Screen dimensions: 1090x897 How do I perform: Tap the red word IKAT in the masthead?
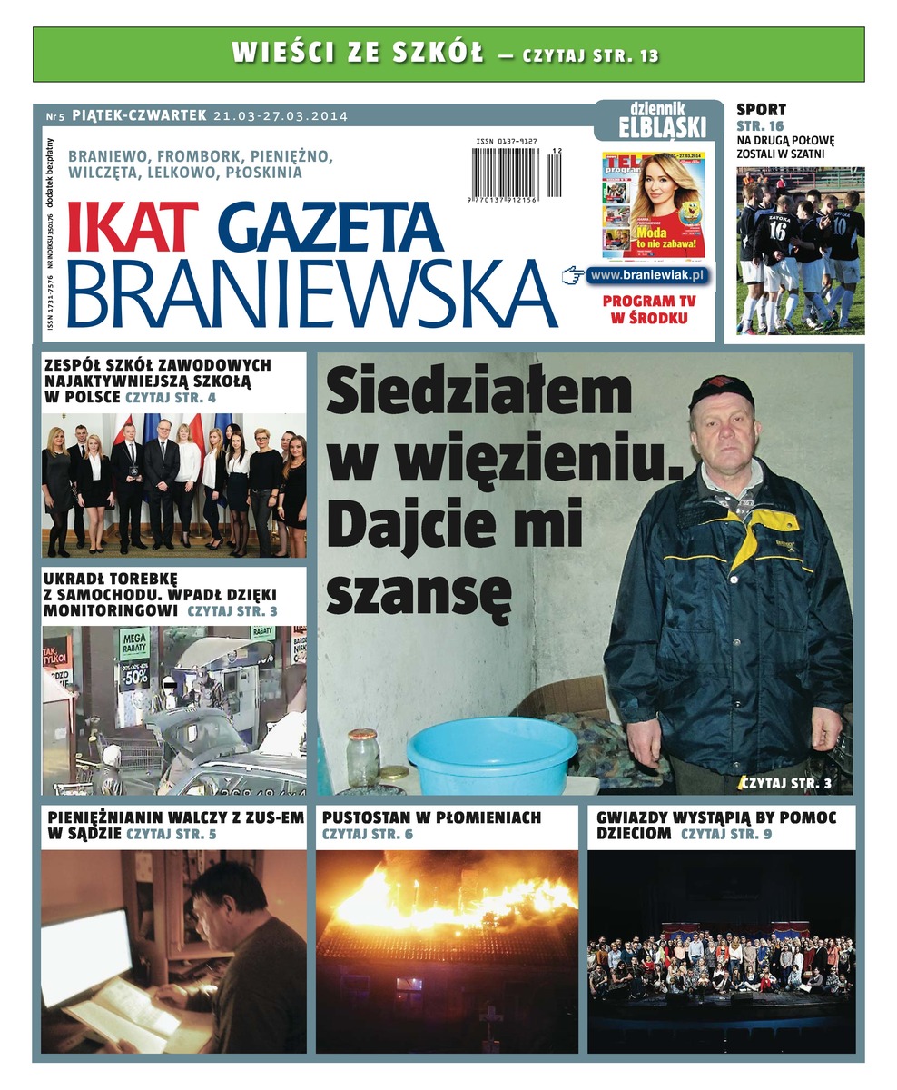click(133, 228)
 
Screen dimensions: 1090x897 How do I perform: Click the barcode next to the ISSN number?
click(506, 172)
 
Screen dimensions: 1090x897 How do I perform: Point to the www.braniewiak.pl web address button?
click(647, 275)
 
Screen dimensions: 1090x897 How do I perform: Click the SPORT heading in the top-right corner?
click(761, 110)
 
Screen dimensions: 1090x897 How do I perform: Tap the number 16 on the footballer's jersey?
click(777, 229)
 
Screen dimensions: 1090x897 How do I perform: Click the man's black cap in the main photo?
click(721, 391)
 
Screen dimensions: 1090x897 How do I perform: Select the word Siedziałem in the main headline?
click(478, 394)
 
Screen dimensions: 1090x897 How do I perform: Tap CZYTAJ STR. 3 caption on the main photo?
click(785, 782)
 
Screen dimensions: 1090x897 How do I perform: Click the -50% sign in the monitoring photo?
click(135, 678)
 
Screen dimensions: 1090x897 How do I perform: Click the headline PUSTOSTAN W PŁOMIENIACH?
click(431, 817)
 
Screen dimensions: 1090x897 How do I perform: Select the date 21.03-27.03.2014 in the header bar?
click(281, 116)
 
